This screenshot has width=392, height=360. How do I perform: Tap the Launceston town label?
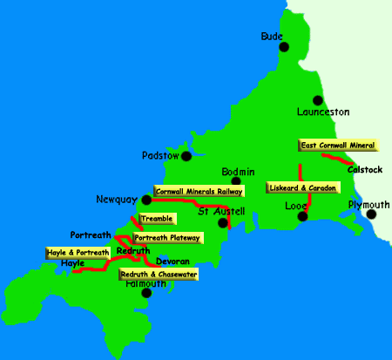pyautogui.click(x=322, y=112)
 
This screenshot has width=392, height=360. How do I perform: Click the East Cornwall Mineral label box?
pyautogui.click(x=338, y=146)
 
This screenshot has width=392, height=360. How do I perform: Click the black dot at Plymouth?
pyautogui.click(x=372, y=214)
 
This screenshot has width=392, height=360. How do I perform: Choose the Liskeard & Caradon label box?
pyautogui.click(x=302, y=187)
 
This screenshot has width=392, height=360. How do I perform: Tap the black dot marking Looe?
pyautogui.click(x=301, y=217)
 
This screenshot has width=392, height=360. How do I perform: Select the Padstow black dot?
pyautogui.click(x=186, y=156)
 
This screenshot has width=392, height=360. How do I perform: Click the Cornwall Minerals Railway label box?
pyautogui.click(x=199, y=189)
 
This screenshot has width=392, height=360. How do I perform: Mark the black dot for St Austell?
pyautogui.click(x=223, y=223)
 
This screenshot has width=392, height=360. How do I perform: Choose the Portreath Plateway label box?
pyautogui.click(x=167, y=237)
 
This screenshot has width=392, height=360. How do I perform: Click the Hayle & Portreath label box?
pyautogui.click(x=78, y=253)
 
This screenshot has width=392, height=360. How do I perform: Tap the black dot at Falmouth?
pyautogui.click(x=147, y=293)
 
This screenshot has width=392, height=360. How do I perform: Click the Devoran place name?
pyautogui.click(x=172, y=261)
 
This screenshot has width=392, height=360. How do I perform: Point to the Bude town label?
pyautogui.click(x=273, y=37)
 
